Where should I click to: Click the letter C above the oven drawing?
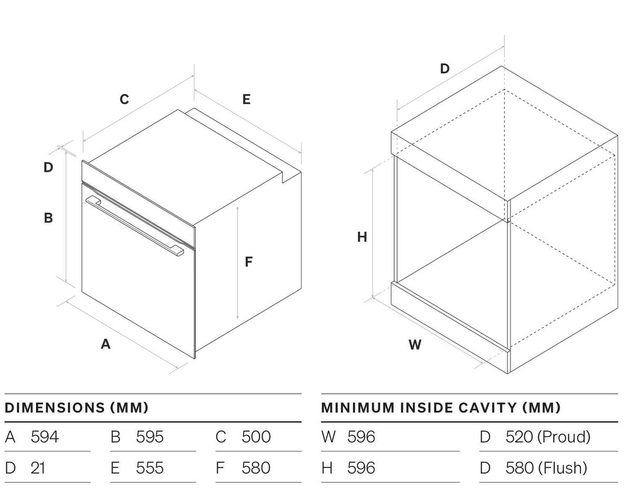click(124, 99)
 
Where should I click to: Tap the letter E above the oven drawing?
click(247, 99)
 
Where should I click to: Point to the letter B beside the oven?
click(48, 218)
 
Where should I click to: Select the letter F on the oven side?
click(249, 262)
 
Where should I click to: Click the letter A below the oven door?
click(106, 344)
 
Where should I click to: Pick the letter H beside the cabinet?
click(362, 237)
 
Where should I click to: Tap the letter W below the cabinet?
click(415, 345)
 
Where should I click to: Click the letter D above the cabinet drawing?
click(445, 69)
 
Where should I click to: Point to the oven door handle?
click(135, 226)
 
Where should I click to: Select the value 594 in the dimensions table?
click(45, 437)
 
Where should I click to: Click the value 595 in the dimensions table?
click(150, 437)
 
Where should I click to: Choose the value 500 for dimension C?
click(256, 437)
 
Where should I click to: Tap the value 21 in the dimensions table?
click(38, 468)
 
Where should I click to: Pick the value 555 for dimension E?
click(150, 468)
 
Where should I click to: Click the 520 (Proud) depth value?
click(548, 437)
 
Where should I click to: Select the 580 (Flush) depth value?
click(546, 468)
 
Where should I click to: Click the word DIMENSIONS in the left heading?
click(55, 408)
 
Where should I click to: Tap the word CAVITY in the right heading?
click(488, 408)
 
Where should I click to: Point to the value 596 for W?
click(361, 437)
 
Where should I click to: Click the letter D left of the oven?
click(48, 167)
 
